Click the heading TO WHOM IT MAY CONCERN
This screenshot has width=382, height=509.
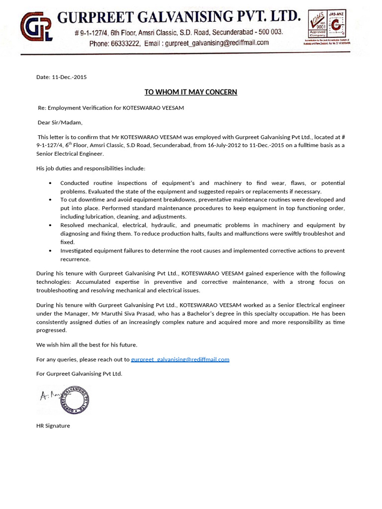click(191, 92)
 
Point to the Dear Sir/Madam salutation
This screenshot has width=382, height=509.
click(60, 122)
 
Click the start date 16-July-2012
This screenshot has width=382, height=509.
click(221, 145)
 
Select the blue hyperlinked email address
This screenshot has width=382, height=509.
click(180, 359)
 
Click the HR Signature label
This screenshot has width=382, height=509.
click(53, 425)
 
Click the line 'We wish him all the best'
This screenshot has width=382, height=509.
click(87, 344)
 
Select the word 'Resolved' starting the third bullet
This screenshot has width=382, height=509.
click(73, 225)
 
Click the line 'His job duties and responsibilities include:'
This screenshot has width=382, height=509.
click(91, 168)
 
